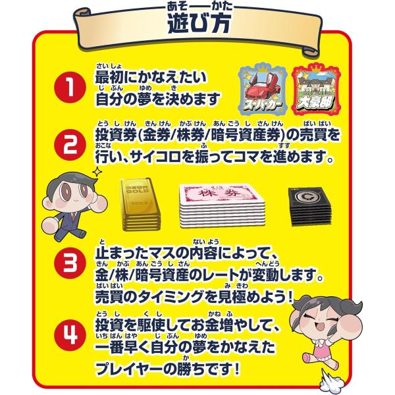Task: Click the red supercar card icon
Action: click(263, 89)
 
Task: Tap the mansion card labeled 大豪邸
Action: click(316, 89)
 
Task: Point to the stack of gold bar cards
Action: click(140, 204)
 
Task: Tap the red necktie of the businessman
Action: click(74, 217)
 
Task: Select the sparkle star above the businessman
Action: click(97, 172)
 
